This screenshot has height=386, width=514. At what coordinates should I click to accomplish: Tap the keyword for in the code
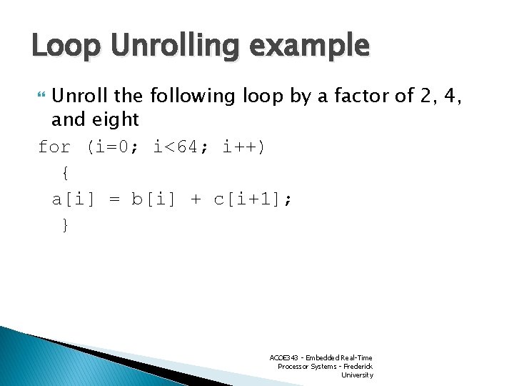pyautogui.click(x=54, y=147)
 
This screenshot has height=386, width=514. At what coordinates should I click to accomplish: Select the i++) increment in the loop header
pyautogui.click(x=243, y=147)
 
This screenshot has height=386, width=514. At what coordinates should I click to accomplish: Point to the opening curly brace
pyautogui.click(x=65, y=173)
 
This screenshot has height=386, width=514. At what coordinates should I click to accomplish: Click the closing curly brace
pyautogui.click(x=65, y=225)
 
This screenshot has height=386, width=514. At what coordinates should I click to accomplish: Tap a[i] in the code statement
pyautogui.click(x=73, y=199)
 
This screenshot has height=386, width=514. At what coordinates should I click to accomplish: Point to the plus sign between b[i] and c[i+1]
pyautogui.click(x=196, y=199)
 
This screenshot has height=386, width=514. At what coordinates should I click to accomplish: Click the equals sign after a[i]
pyautogui.click(x=114, y=199)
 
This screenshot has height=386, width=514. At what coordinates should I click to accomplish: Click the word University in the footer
pyautogui.click(x=357, y=375)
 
